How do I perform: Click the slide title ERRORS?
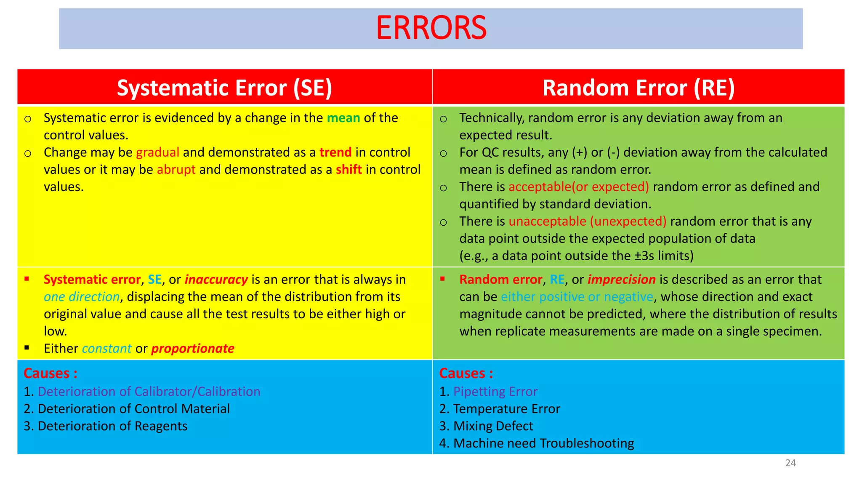431,28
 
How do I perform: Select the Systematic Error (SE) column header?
224,88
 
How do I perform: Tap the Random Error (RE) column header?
638,88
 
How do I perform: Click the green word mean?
343,118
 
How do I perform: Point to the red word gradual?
157,152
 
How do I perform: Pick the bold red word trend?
335,152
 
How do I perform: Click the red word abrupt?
176,170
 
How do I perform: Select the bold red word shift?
349,170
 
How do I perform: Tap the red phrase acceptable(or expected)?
578,187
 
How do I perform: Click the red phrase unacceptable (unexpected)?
587,221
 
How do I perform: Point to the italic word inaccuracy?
216,280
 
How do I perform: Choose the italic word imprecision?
621,280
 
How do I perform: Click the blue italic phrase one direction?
82,297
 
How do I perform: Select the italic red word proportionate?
192,349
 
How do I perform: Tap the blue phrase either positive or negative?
577,297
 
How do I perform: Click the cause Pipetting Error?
495,392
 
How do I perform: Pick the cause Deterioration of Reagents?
112,426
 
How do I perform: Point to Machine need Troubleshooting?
543,443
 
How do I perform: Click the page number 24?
790,463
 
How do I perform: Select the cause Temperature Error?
506,409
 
